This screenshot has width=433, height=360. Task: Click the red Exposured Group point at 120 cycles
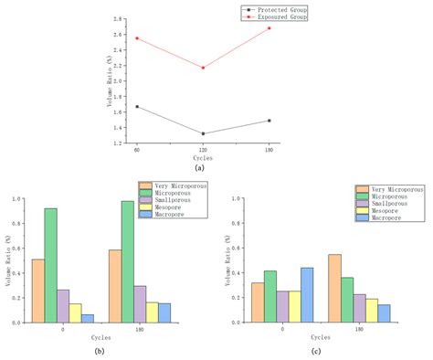pos(203,68)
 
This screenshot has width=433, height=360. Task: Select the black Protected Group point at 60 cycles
pos(137,107)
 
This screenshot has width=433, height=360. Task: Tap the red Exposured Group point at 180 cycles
pos(269,28)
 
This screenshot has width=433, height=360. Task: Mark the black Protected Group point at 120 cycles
pos(203,133)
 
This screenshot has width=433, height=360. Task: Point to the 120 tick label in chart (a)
pos(203,149)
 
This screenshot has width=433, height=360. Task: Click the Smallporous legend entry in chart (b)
pos(179,200)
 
